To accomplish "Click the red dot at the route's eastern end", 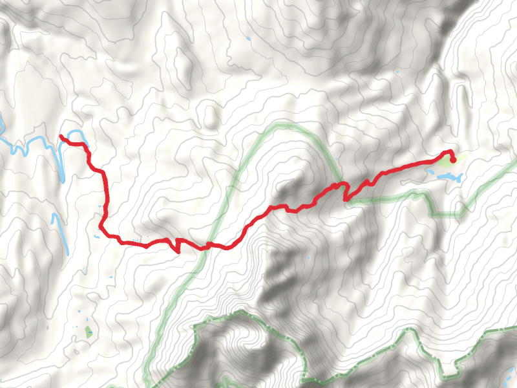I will (x=453, y=159).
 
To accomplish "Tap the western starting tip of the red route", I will (x=61, y=136).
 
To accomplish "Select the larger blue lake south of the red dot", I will (x=451, y=175).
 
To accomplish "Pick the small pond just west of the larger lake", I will (x=430, y=172).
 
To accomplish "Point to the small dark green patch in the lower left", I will (x=88, y=332).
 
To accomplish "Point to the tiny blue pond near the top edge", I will (x=248, y=40).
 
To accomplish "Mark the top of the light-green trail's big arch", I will (x=284, y=124).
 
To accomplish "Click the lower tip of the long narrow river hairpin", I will (x=62, y=180).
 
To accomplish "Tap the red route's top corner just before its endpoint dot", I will (x=450, y=151).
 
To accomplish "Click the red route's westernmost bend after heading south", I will (x=101, y=226).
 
